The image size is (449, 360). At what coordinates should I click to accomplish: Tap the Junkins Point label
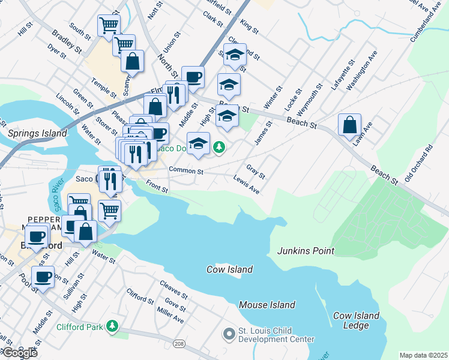305,251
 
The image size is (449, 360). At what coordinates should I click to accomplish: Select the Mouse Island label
267,305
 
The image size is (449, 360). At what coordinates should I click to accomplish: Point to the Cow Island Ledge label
356,320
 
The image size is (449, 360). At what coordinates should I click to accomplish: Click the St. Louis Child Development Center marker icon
229,333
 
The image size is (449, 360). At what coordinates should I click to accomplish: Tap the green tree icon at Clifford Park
112,326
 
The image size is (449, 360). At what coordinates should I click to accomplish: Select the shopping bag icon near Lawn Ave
349,125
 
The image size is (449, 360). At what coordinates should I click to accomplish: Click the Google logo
19,353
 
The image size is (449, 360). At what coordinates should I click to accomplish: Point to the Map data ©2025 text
423,355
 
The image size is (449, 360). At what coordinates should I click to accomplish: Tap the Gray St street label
256,172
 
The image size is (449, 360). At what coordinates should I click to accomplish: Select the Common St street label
187,172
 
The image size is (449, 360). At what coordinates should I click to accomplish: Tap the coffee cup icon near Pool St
43,277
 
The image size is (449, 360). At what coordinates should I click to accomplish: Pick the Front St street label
156,188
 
